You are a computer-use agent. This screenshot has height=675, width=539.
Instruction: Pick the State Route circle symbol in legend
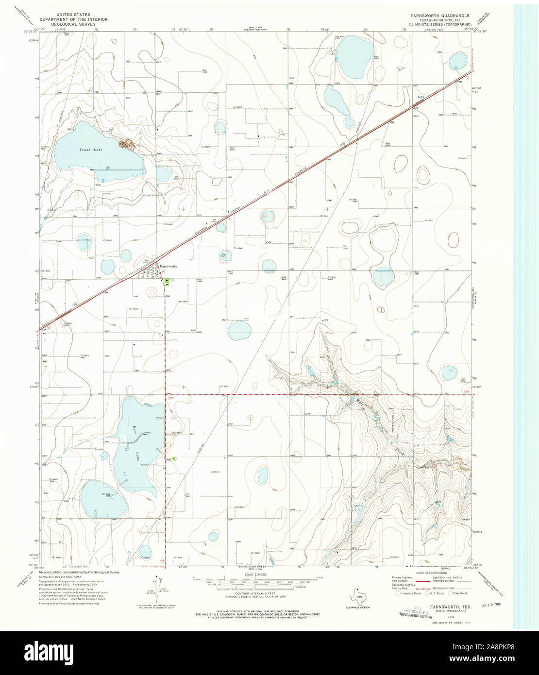click(x=449, y=593)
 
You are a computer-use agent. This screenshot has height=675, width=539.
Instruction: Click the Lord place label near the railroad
click(x=421, y=97)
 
